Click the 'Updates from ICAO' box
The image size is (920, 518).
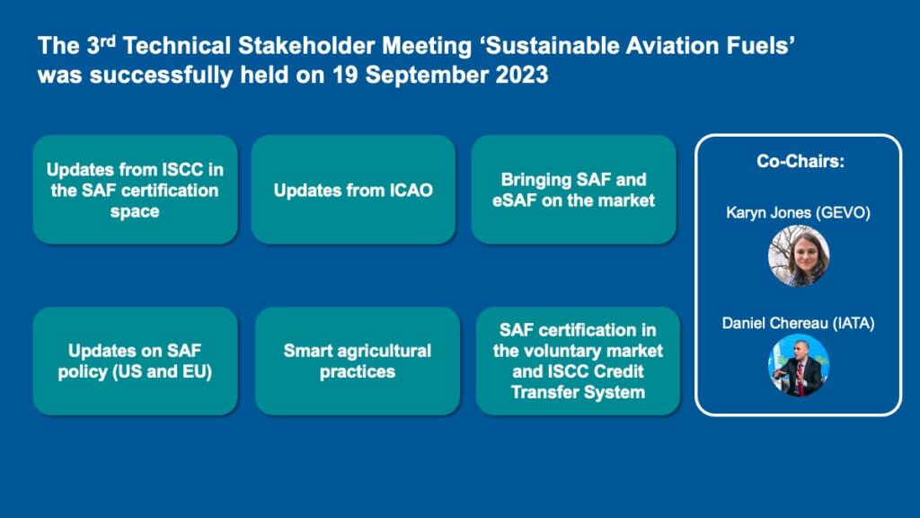353,190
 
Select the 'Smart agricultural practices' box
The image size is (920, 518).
358,362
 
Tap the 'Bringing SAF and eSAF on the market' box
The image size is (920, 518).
574,190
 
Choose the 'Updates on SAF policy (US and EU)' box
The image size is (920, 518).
135,362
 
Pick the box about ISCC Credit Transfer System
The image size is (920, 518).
578,362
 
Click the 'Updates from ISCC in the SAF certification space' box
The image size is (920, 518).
135,190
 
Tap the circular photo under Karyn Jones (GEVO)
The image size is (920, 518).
799,256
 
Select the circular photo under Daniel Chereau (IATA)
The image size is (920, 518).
799,365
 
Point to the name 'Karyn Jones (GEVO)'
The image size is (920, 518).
798,212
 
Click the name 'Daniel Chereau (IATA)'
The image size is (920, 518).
798,323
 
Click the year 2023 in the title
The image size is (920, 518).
522,76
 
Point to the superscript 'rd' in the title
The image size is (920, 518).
109,40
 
